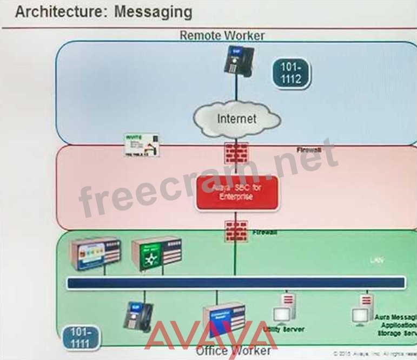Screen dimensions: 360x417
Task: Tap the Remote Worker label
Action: [222, 36]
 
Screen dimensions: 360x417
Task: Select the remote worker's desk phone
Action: [235, 60]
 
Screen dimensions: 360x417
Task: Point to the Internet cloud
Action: [236, 118]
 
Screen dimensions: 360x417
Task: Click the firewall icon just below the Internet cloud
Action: [236, 153]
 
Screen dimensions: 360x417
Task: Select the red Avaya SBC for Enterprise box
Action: [236, 192]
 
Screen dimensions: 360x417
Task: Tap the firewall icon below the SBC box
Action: [236, 231]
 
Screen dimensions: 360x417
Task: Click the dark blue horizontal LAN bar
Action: [235, 283]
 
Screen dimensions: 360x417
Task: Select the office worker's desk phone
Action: [138, 316]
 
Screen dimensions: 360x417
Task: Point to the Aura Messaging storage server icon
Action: [361, 310]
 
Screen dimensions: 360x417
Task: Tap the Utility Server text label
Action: [283, 329]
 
